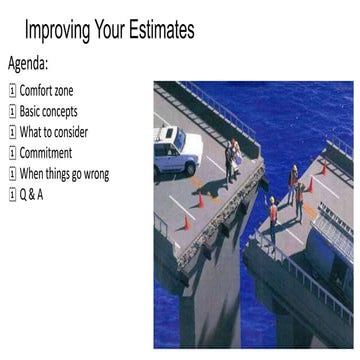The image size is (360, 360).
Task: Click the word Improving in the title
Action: click(x=61, y=31)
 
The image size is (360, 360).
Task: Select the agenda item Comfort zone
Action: click(x=51, y=91)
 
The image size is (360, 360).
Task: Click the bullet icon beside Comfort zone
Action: click(x=12, y=91)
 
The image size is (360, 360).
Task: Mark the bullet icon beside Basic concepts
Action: click(x=12, y=112)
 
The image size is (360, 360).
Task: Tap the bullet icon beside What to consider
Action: click(x=12, y=132)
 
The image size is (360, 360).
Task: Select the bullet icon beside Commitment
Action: click(x=12, y=153)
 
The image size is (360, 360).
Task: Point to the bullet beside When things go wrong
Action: click(x=12, y=174)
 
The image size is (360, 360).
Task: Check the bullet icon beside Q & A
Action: click(x=12, y=194)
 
